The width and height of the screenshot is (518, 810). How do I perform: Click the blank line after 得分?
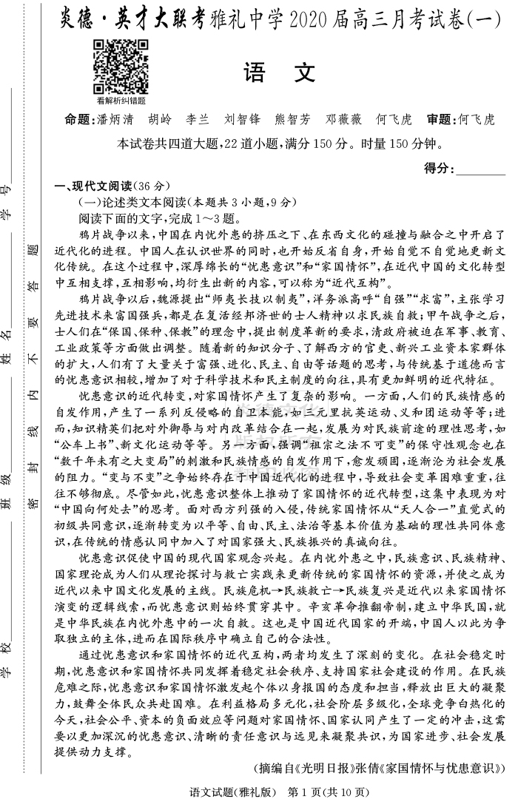pyautogui.click(x=482, y=169)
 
